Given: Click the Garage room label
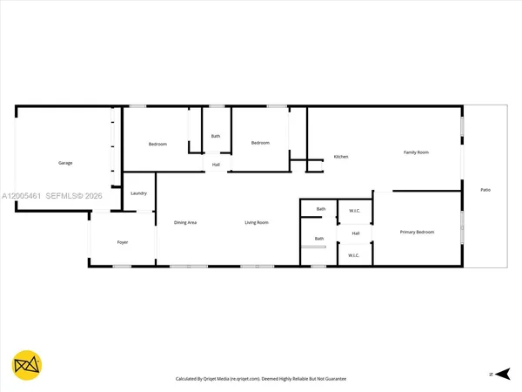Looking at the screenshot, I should point(65,163).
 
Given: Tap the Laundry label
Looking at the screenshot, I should point(138,193).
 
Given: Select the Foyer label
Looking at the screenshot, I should point(123,241).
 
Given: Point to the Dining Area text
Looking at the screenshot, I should point(185,222).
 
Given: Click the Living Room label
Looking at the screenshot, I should point(256,222).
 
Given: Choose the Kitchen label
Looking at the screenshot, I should point(341,157).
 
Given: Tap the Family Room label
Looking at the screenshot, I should point(416,152).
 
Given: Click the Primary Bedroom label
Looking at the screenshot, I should point(417,232).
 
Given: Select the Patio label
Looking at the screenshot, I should point(485,189).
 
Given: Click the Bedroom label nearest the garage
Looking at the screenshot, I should point(157,144).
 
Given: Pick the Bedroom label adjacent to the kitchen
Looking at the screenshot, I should point(261,143).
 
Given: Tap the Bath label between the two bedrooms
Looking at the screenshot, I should point(215,136).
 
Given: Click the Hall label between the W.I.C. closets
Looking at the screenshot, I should point(355,233).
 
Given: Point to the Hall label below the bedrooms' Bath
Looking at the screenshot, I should point(215,164).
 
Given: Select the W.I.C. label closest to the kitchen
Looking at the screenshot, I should point(355,210).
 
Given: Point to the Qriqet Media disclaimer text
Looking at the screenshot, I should point(260,380).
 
